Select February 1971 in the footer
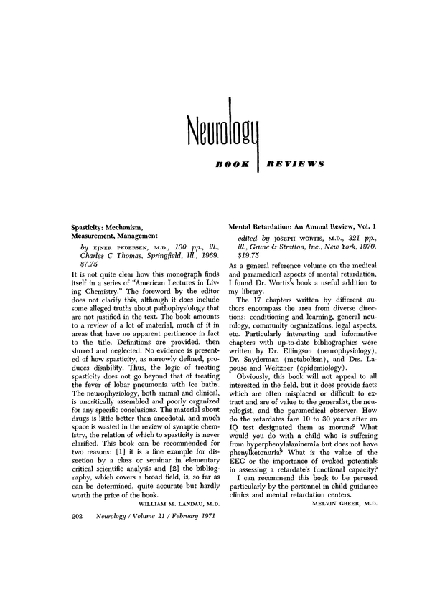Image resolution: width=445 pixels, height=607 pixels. click(x=198, y=516)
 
